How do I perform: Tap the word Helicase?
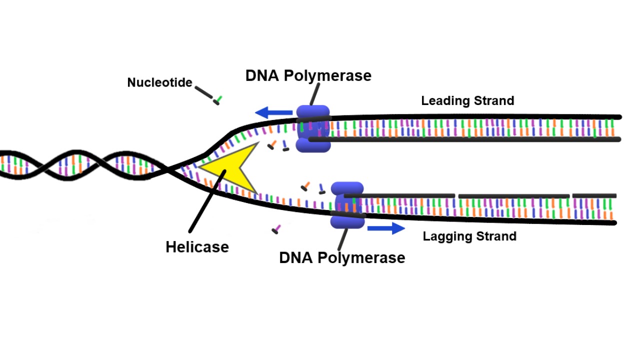[197, 246]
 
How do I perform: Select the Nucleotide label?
[159, 82]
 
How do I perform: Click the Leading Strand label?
[467, 100]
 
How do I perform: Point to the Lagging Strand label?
[469, 236]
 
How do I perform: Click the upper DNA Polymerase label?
[308, 75]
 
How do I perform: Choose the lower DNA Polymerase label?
[342, 257]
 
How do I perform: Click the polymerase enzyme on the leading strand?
[313, 128]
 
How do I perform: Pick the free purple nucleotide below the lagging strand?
[276, 229]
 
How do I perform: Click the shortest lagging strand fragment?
[594, 195]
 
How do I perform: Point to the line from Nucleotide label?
[203, 92]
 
